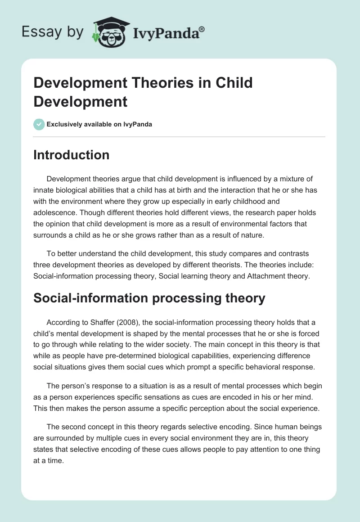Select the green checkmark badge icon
tap(39, 124)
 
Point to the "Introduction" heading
tap(72, 155)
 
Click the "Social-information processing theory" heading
tap(149, 298)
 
